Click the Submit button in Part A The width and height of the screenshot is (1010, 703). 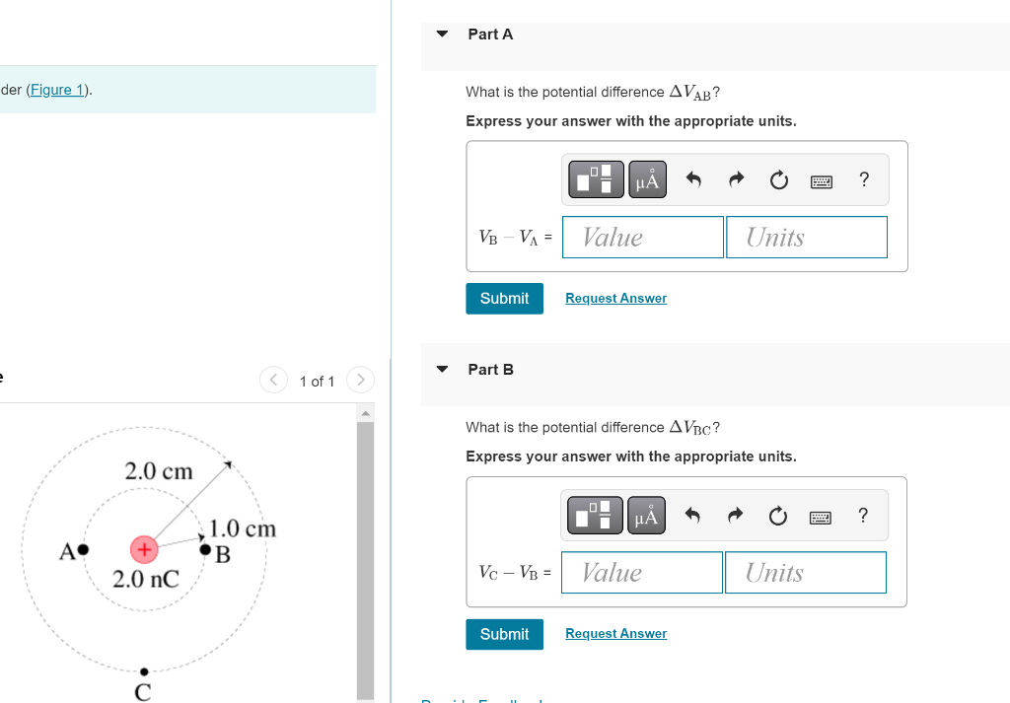[504, 299]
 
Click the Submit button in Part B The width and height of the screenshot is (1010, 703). [504, 634]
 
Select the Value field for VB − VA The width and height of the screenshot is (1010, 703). [642, 238]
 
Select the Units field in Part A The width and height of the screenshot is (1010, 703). [806, 238]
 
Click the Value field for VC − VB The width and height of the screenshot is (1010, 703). [641, 573]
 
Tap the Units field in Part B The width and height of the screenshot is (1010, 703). [805, 573]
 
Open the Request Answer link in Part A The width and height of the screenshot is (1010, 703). [615, 299]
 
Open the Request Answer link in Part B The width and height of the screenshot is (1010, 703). [615, 634]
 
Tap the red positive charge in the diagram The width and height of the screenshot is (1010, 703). [144, 547]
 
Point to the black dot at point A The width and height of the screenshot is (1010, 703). [84, 548]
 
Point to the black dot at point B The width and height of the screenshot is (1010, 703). [206, 548]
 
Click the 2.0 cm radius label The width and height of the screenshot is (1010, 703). [159, 471]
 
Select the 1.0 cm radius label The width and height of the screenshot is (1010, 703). [244, 528]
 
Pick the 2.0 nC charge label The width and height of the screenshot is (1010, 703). [146, 579]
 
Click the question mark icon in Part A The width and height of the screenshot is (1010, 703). [864, 179]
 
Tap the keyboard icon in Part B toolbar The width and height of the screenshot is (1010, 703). [821, 517]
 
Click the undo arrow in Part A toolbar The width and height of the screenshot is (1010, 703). [693, 179]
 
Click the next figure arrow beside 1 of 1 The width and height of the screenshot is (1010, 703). [361, 380]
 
